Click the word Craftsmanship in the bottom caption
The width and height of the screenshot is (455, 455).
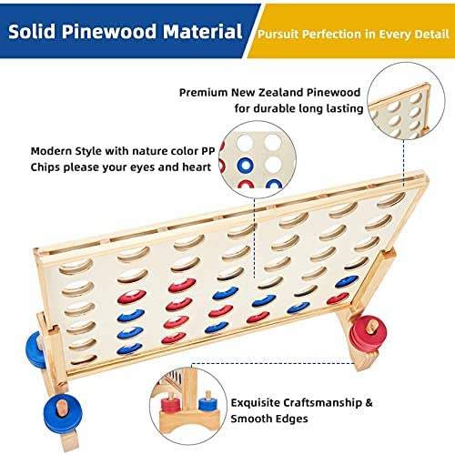pyautogui.click(x=297, y=403)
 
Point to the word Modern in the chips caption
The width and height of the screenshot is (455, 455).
pyautogui.click(x=51, y=151)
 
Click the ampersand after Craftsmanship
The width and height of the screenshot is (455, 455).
pyautogui.click(x=369, y=403)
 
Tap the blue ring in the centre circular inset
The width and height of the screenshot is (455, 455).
pyautogui.click(x=246, y=165)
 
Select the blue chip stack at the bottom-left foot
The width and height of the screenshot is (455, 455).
pyautogui.click(x=62, y=410)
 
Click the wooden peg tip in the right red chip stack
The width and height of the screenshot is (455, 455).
pyautogui.click(x=372, y=328)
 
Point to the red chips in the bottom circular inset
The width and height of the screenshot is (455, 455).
pyautogui.click(x=170, y=403)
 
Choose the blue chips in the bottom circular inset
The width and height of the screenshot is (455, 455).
pyautogui.click(x=207, y=403)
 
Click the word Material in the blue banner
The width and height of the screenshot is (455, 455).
pyautogui.click(x=203, y=32)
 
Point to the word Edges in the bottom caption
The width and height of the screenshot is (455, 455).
pyautogui.click(x=292, y=419)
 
